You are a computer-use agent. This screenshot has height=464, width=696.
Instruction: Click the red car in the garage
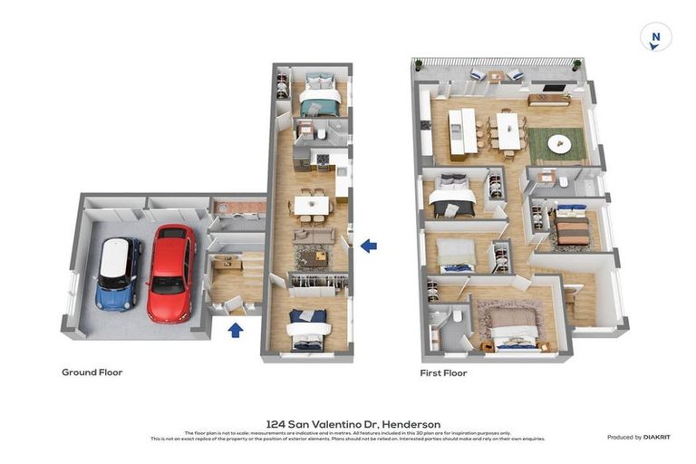click(x=170, y=273)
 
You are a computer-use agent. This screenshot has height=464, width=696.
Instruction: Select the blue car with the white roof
click(x=119, y=274)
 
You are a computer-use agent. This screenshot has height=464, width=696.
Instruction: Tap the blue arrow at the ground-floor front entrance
click(x=235, y=329)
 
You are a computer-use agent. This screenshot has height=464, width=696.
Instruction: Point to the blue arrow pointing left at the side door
click(x=369, y=245)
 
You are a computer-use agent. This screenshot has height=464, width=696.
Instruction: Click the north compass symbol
click(x=655, y=37)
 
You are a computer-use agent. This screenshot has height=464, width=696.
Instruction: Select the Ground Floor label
click(x=92, y=372)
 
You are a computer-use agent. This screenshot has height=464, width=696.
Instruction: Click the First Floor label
click(x=443, y=372)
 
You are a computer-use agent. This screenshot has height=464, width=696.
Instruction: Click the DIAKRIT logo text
click(x=656, y=437)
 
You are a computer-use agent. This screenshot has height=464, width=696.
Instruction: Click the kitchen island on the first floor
click(x=469, y=130)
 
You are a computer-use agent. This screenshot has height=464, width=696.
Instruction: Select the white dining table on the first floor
click(x=509, y=130)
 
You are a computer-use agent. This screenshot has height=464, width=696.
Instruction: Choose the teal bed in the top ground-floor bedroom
click(x=319, y=97)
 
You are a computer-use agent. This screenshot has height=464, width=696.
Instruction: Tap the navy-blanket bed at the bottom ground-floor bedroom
click(x=308, y=328)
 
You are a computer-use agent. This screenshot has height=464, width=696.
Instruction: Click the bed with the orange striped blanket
click(x=572, y=230)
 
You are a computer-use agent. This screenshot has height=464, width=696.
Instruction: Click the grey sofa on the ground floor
click(x=314, y=236)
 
